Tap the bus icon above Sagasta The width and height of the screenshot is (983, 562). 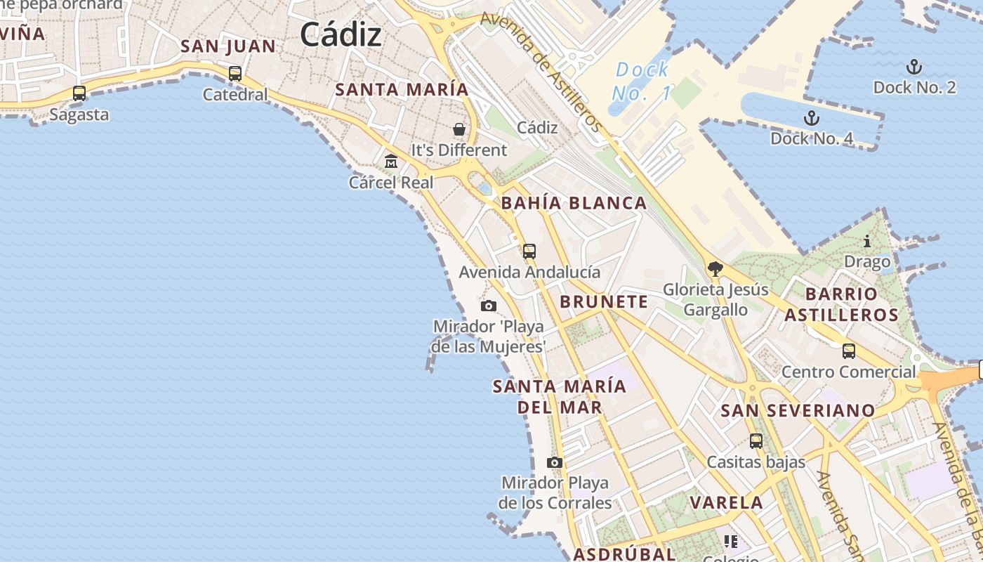(79, 93)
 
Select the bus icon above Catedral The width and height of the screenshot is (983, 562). (235, 73)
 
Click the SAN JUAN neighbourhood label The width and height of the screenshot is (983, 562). (228, 46)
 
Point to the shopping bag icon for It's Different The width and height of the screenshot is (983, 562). (458, 129)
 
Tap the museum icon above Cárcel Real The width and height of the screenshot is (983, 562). (391, 162)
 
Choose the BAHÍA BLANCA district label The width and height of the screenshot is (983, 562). (574, 204)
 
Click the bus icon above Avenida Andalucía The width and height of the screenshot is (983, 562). (529, 251)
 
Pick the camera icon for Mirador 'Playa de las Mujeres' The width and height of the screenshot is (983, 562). (489, 306)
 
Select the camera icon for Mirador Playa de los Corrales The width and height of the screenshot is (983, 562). (555, 462)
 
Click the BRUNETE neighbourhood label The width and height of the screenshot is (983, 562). (604, 302)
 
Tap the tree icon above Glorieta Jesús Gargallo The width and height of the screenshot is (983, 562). (715, 268)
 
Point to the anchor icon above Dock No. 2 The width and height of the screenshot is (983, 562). (913, 67)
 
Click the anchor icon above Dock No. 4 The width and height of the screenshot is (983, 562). (812, 118)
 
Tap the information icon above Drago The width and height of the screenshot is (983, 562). (867, 242)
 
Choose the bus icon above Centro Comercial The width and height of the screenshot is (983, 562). (849, 351)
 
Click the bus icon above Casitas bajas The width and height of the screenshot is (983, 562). (756, 441)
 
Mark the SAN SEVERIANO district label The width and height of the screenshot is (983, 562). (798, 410)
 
